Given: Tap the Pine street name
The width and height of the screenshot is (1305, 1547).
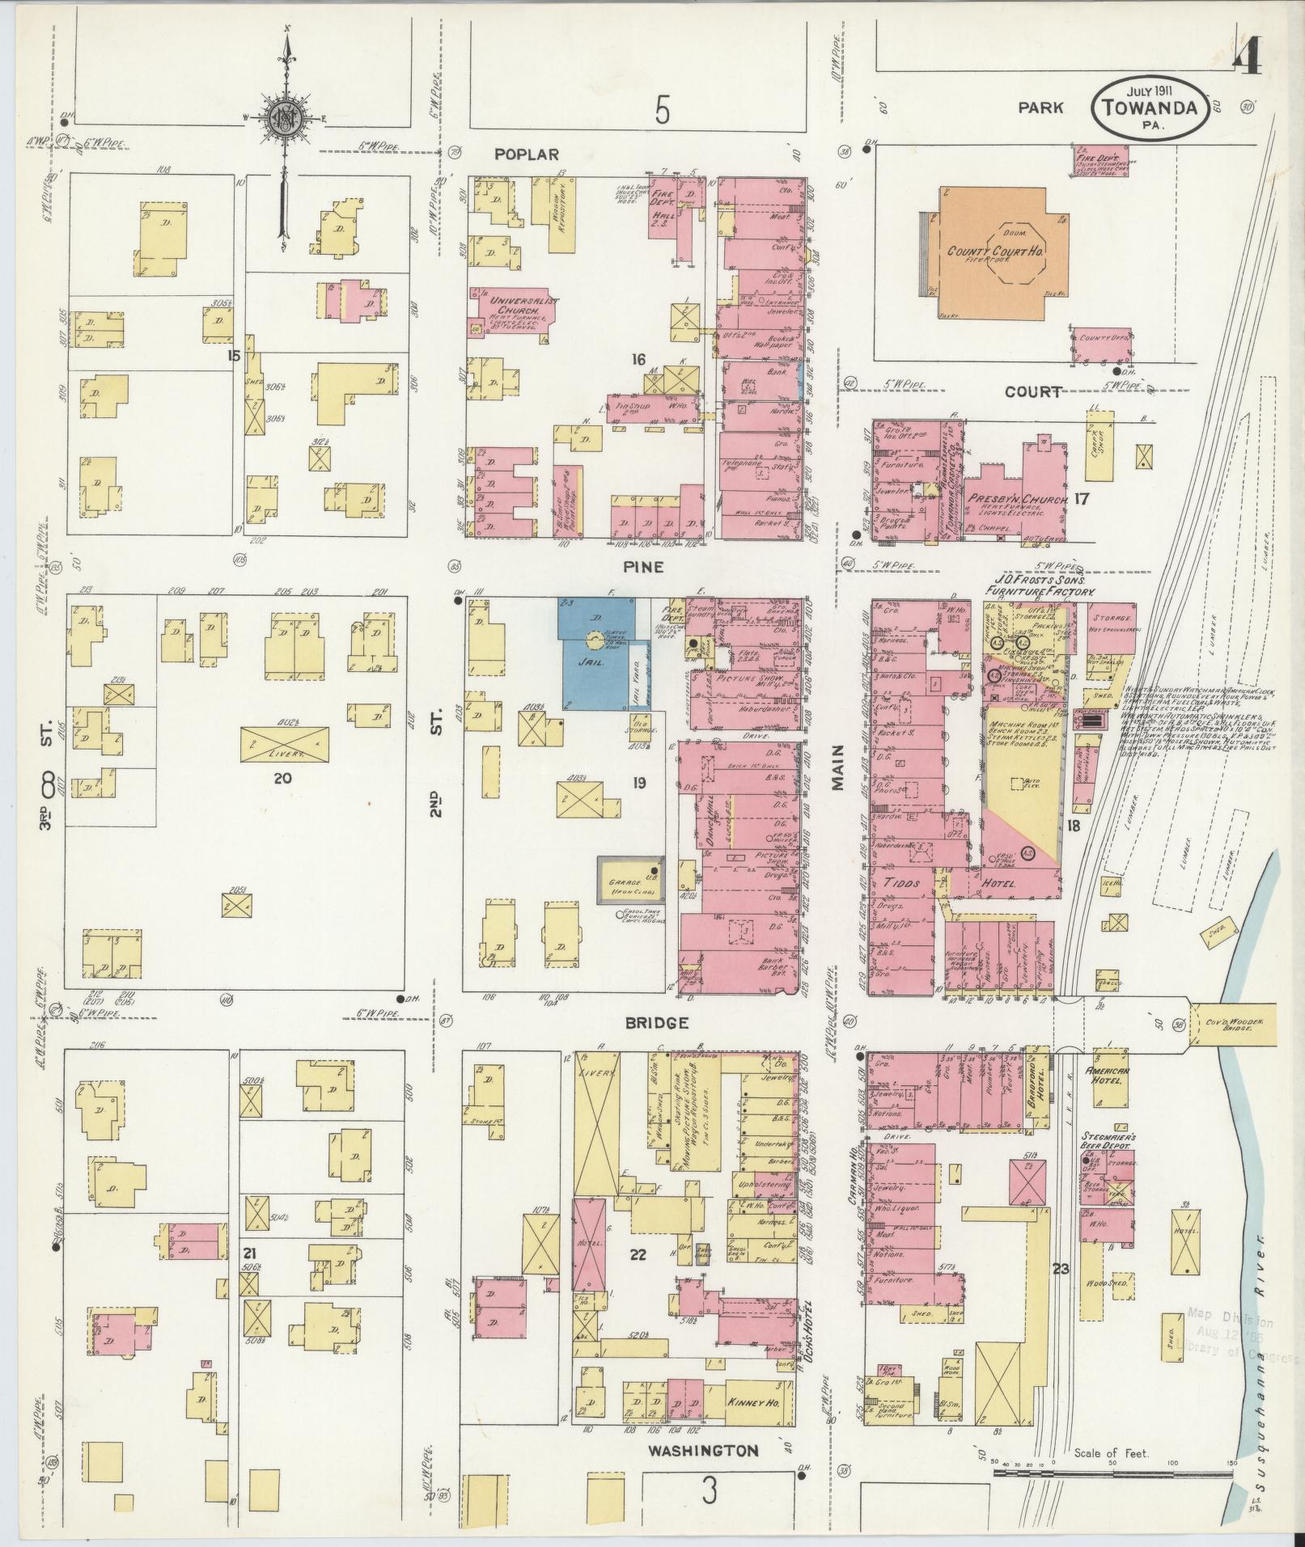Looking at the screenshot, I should coord(644,568).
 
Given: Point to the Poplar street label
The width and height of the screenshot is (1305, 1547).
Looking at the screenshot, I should coord(526,154).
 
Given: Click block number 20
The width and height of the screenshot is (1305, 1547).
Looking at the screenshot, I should coord(282,779).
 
